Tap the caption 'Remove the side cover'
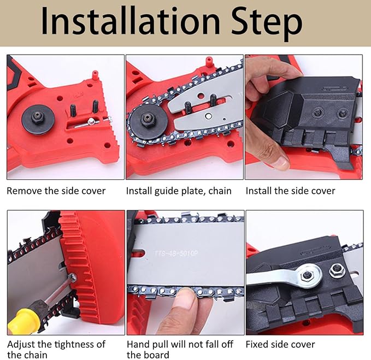[x=56, y=191]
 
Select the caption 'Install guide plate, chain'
[x=179, y=191]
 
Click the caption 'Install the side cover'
[x=290, y=191]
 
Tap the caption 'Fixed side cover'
[x=280, y=345]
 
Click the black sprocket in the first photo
[x=38, y=117]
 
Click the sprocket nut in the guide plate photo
[x=147, y=117]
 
